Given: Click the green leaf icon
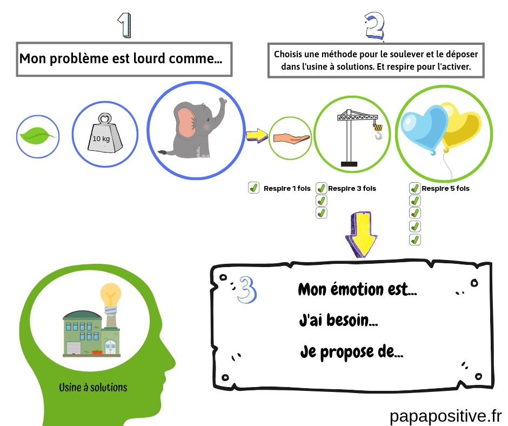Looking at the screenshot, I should tap(37, 136).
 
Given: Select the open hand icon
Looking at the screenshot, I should tap(291, 138).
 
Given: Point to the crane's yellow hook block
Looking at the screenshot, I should tap(378, 128).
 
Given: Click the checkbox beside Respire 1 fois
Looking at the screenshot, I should tap(253, 188).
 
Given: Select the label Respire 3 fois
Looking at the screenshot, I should tap(352, 189).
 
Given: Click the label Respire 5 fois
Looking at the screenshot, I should tap(445, 189).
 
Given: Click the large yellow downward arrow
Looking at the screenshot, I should tap(362, 234).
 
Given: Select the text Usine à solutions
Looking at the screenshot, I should tap(93, 387).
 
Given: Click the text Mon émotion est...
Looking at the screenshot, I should tap(357, 289).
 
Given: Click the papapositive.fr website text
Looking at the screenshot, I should tap(445, 415).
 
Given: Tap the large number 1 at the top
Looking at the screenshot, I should tap(125, 25).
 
